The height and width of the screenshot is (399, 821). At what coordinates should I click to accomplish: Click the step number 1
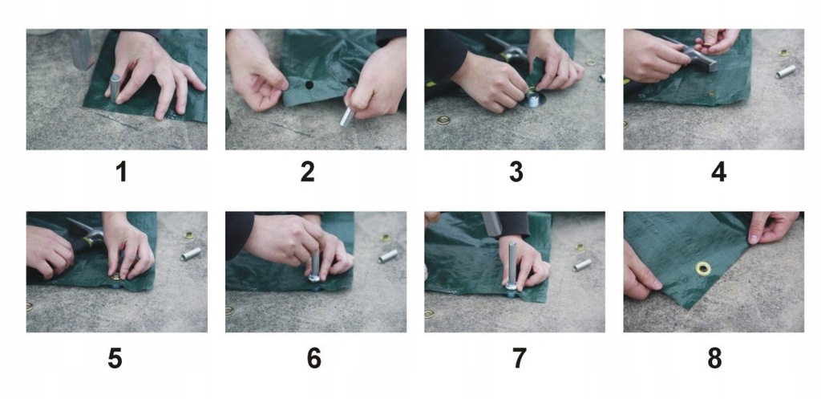122,172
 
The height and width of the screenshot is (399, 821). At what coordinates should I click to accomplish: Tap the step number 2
307,172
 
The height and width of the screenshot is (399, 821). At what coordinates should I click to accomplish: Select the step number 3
516,172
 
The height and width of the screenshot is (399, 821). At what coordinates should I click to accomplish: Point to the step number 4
718,172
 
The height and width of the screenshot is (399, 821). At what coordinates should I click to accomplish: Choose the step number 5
115,359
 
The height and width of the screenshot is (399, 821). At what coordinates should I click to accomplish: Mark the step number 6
314,359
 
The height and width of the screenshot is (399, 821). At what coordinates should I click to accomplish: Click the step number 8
714,359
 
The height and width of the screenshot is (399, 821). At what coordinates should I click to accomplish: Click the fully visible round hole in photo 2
309,85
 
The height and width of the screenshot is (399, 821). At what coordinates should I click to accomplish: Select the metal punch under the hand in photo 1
115,87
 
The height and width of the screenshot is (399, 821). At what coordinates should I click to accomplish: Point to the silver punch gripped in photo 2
347,116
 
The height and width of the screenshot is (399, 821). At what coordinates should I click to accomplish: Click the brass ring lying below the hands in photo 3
443,120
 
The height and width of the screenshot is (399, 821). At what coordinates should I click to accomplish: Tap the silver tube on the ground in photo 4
786,71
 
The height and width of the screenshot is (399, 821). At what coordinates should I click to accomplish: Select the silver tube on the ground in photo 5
191,254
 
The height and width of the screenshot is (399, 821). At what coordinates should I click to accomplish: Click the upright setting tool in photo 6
314,267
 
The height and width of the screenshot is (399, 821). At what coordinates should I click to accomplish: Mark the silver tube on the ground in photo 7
582,265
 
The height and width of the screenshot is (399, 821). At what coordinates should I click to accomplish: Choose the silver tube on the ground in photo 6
388,256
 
